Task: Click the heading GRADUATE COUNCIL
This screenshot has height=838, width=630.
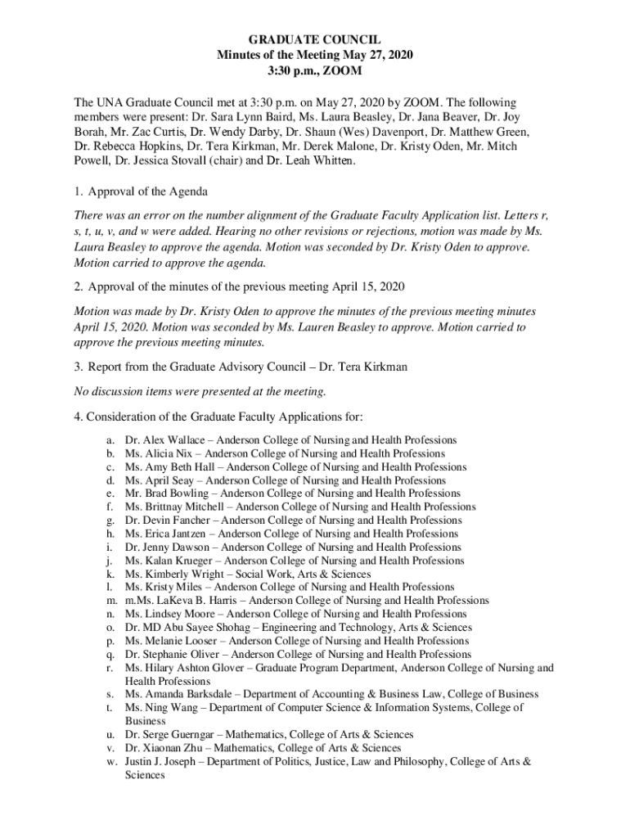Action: tap(315, 38)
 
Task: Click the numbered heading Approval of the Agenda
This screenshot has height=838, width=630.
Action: tap(147, 191)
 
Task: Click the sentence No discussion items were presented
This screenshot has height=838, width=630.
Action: tap(200, 391)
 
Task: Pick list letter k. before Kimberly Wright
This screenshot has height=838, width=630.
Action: tap(109, 574)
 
